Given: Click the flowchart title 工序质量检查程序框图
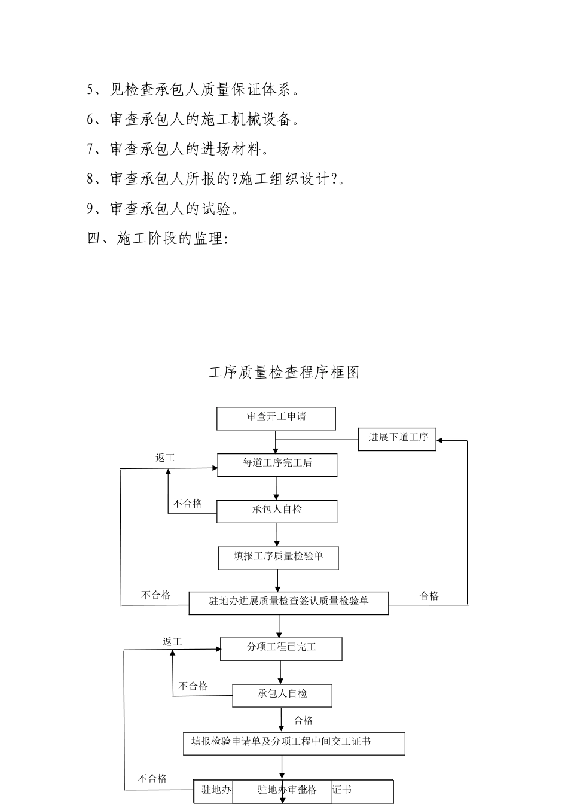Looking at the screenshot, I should click(x=284, y=372).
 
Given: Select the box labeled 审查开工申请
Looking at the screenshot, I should click(x=276, y=418).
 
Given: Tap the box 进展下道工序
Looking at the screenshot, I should click(x=397, y=438).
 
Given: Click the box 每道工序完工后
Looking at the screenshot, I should click(x=277, y=464).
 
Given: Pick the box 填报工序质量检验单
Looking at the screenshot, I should click(x=279, y=558).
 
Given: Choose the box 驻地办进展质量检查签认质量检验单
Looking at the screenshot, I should click(x=289, y=602).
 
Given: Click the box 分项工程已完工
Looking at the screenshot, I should click(x=281, y=648).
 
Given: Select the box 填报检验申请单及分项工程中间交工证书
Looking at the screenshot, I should click(x=294, y=743).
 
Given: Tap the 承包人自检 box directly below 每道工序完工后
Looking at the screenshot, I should click(x=277, y=511).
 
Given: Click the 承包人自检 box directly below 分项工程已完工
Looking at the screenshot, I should click(x=282, y=695).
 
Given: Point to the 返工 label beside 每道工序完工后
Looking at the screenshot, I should click(x=165, y=458).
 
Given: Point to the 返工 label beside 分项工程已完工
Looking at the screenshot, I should click(x=172, y=642).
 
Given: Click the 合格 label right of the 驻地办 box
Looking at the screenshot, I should click(x=429, y=596).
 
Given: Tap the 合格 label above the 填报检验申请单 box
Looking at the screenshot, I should click(x=304, y=720).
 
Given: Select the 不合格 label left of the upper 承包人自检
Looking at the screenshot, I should click(x=188, y=504).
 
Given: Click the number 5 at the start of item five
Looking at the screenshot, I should click(x=90, y=90).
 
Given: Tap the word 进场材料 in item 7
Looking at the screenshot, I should click(x=231, y=149).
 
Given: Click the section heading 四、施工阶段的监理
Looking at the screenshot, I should click(x=157, y=239).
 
